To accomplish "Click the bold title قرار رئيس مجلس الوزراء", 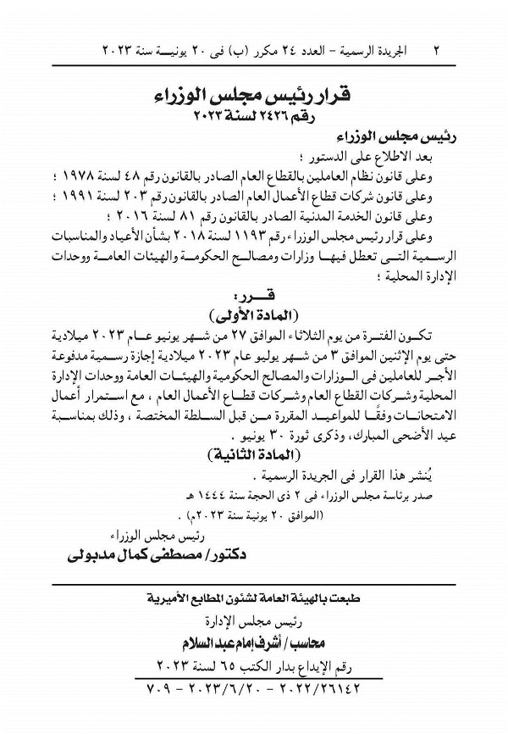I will (254, 92).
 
